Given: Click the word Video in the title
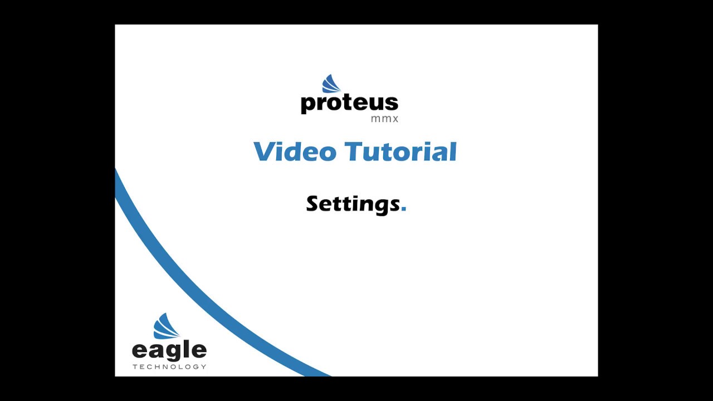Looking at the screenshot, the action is [x=295, y=151].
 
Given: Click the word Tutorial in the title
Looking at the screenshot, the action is [x=401, y=151].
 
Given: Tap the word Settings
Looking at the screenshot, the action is [x=353, y=204].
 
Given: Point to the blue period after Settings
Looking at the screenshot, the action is [x=404, y=209].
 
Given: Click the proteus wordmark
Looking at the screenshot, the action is [x=349, y=104].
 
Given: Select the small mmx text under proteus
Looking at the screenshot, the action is [x=384, y=119].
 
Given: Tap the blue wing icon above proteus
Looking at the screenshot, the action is [x=331, y=84].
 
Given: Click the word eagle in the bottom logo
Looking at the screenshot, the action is [x=169, y=351].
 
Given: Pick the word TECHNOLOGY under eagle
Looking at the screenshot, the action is [x=169, y=366].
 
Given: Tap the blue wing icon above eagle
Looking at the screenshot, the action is [x=165, y=326].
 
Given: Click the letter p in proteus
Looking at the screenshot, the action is [x=308, y=105].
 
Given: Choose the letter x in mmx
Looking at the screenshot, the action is [x=395, y=119].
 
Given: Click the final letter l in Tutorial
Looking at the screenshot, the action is [x=454, y=151].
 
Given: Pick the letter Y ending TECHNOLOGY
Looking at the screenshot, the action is [x=204, y=366].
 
